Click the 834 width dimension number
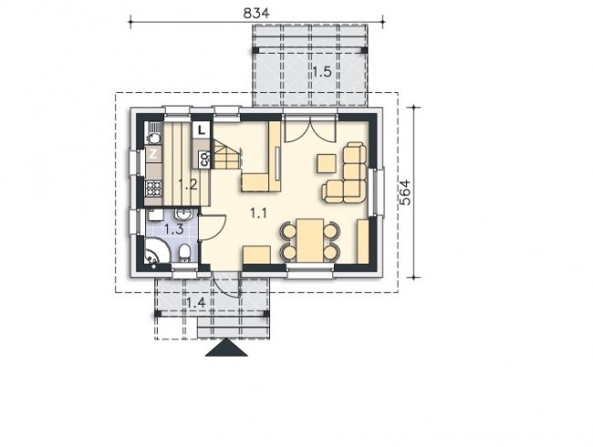point(256,14)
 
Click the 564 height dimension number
point(405,192)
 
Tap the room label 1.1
point(259,213)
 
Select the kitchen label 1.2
point(188,184)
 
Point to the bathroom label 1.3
point(173,229)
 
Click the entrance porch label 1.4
point(196,303)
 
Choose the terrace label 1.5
point(322,71)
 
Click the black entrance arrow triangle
point(226,348)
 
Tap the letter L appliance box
point(202,130)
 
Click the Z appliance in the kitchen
point(153,154)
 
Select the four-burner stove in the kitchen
point(153,188)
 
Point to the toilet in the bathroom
point(184,253)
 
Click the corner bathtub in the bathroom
point(155,251)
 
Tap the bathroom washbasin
point(183,214)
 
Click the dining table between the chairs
point(310,241)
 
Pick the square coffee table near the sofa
point(327,163)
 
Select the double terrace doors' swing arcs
point(310,130)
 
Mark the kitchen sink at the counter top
point(153,134)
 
